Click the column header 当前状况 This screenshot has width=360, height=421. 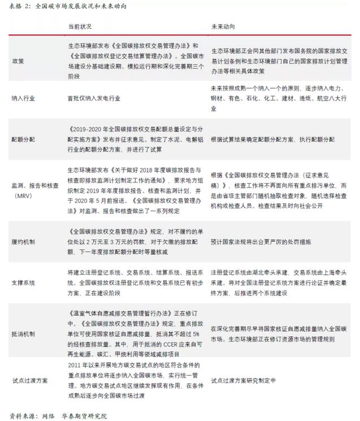click(x=79, y=27)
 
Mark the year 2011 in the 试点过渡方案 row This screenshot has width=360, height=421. click(x=75, y=366)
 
